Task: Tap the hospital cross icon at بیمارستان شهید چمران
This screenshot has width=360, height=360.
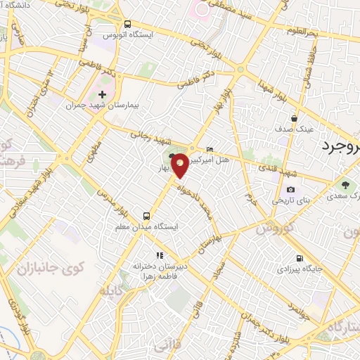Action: point(103,94)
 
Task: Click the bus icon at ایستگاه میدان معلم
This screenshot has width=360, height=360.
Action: point(146,217)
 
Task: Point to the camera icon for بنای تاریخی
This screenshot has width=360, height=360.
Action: point(291,189)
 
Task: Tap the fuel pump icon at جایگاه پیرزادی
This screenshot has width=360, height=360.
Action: point(300,258)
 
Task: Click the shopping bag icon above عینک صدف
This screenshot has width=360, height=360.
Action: point(294,118)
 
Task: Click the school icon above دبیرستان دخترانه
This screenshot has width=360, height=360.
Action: point(160,256)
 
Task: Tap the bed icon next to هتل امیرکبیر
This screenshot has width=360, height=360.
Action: point(211,150)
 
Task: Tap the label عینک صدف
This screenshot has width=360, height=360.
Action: point(295,129)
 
